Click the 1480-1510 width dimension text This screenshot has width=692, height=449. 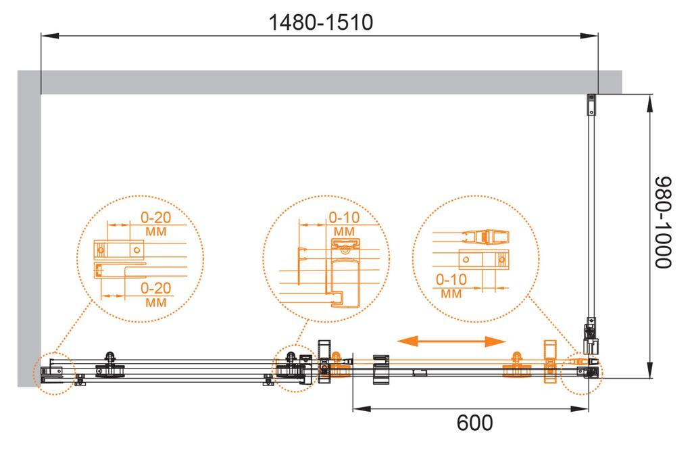(321, 22)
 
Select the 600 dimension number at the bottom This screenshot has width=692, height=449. (474, 423)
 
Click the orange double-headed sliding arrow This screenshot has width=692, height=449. (451, 341)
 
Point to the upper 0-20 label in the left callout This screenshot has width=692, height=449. (155, 217)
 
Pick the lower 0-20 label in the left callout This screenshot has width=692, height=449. (155, 288)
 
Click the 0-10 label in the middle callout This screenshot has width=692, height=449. (344, 217)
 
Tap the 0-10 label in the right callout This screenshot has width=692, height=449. (451, 279)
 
